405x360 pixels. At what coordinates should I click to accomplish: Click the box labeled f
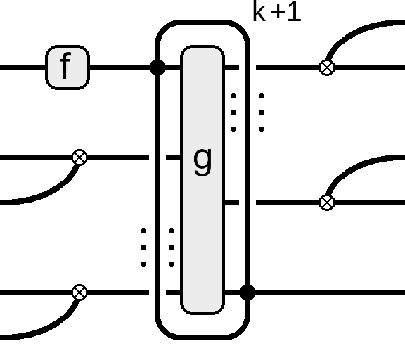[x=67, y=67]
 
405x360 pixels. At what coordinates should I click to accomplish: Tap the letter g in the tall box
[x=202, y=162]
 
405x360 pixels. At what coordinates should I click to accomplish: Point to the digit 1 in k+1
[x=295, y=12]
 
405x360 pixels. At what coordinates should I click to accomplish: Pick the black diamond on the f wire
[x=157, y=67]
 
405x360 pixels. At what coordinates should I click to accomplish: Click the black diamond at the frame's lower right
[x=247, y=292]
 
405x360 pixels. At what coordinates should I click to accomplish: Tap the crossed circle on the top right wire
[x=327, y=67]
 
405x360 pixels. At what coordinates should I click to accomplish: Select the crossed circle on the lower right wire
[x=327, y=202]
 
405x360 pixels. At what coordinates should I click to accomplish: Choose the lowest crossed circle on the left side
[x=79, y=292]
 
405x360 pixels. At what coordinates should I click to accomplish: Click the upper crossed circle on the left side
[x=79, y=157]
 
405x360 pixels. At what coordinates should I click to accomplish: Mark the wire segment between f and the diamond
[x=120, y=67]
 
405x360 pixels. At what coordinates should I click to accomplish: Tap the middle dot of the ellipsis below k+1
[x=262, y=112]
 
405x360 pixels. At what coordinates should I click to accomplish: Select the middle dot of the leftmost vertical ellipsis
[x=143, y=247]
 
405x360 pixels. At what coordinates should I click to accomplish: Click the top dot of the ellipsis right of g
[x=233, y=96]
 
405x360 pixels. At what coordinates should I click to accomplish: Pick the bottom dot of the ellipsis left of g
[x=172, y=264]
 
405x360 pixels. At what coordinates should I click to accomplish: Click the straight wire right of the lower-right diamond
[x=330, y=292]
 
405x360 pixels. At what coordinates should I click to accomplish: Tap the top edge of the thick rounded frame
[x=202, y=22]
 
